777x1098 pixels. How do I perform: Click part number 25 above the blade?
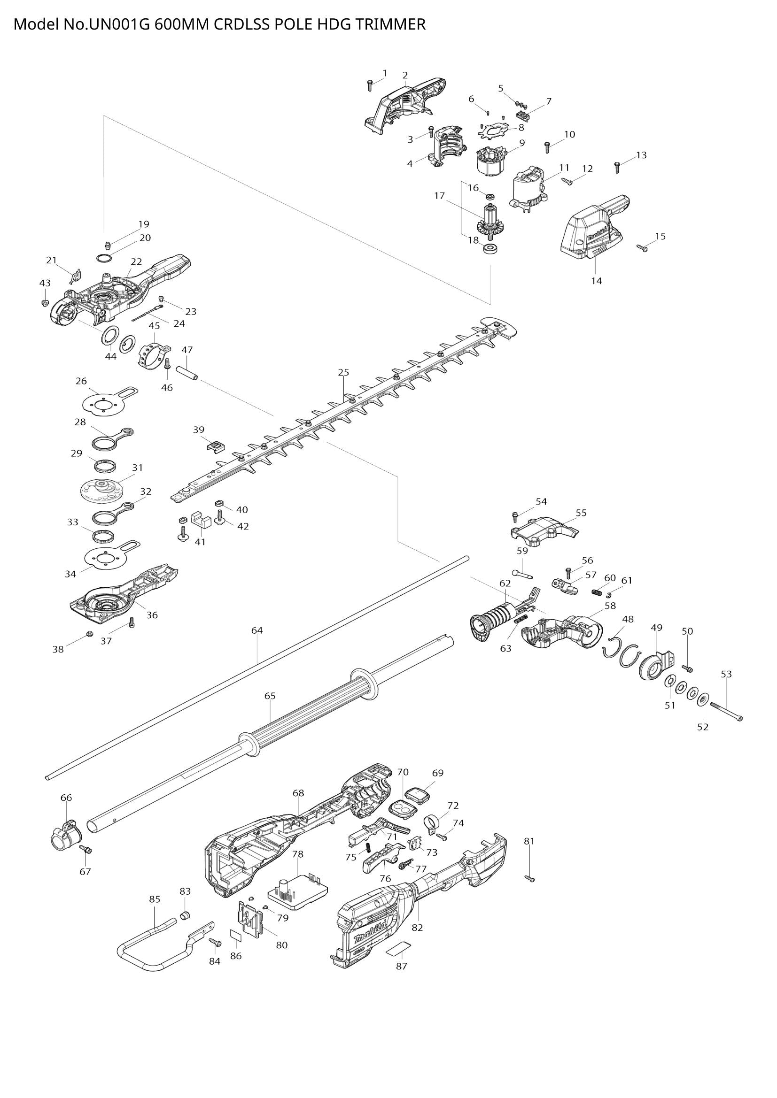point(343,372)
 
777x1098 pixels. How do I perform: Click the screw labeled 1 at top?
point(369,85)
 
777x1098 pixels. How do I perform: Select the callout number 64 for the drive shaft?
point(257,630)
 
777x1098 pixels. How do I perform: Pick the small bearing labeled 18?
point(490,249)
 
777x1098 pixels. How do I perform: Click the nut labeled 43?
point(45,303)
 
